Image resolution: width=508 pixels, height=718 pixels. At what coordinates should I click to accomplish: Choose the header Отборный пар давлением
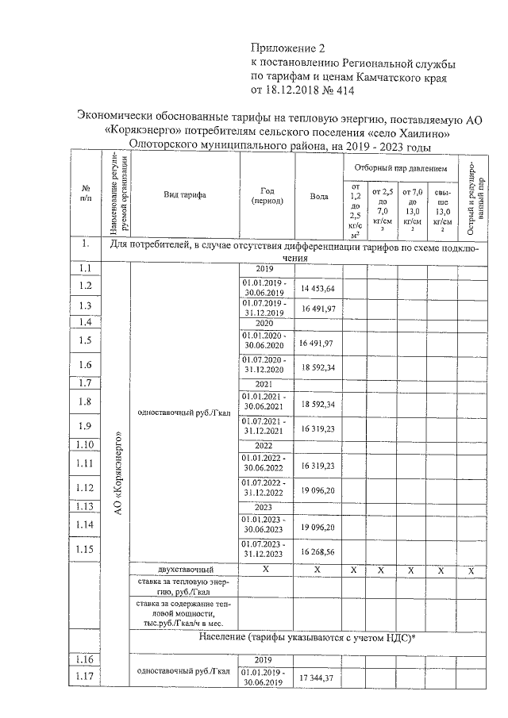coord(401,169)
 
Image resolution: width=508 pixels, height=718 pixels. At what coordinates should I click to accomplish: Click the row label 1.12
coord(86,487)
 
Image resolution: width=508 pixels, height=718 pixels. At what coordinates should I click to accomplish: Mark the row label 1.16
coord(86,659)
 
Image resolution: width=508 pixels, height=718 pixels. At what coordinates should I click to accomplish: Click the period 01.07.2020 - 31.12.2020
coord(267,364)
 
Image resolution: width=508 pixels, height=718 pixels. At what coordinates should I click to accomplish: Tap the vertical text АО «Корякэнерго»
coord(117,474)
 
